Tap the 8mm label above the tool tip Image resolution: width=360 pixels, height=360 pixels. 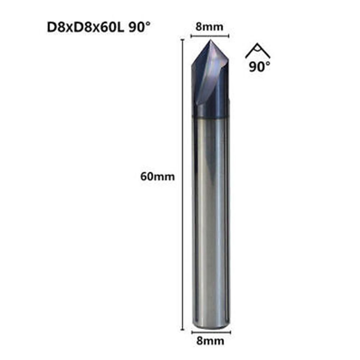209,27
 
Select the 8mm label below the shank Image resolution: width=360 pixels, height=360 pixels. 209,341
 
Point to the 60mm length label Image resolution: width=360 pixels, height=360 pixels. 158,177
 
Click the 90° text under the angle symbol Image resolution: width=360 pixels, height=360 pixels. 259,67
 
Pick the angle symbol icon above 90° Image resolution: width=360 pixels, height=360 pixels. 258,51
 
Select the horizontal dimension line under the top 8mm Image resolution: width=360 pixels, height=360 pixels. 210,36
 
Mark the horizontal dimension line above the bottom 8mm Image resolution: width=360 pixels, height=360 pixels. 210,332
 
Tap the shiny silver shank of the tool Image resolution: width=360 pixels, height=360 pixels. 210,216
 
